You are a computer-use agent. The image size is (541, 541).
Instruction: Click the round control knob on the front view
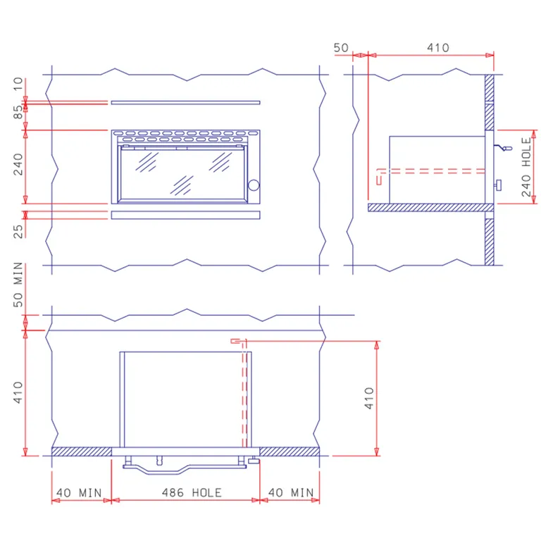pos(254,185)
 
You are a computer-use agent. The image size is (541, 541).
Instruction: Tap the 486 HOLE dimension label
pos(192,492)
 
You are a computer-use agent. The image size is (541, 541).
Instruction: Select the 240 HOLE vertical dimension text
pos(526,167)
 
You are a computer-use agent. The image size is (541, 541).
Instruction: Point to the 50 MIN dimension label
pos(18,285)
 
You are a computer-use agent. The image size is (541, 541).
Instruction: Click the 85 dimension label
pos(18,112)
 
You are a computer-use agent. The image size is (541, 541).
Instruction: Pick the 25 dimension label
pos(18,231)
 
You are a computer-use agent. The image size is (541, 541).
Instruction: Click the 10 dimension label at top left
pos(18,84)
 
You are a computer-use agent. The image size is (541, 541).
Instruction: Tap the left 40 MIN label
pos(79,492)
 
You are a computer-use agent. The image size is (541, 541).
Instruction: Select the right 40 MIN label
pos(291,492)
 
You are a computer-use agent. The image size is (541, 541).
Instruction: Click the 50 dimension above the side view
pos(341,48)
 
